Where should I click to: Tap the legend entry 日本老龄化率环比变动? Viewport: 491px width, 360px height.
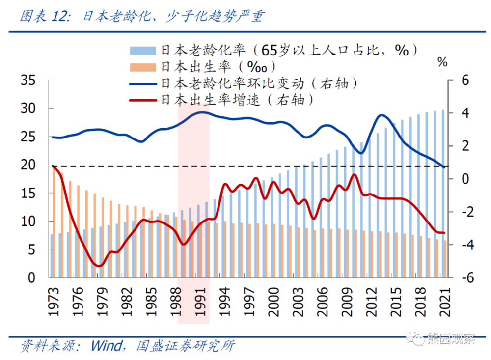tap(257, 83)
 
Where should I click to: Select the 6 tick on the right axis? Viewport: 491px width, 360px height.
tap(464, 80)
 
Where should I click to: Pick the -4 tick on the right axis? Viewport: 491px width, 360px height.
tap(462, 245)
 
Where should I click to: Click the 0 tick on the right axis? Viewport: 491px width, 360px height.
tap(464, 179)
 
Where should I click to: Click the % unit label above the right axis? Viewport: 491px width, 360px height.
tap(442, 62)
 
